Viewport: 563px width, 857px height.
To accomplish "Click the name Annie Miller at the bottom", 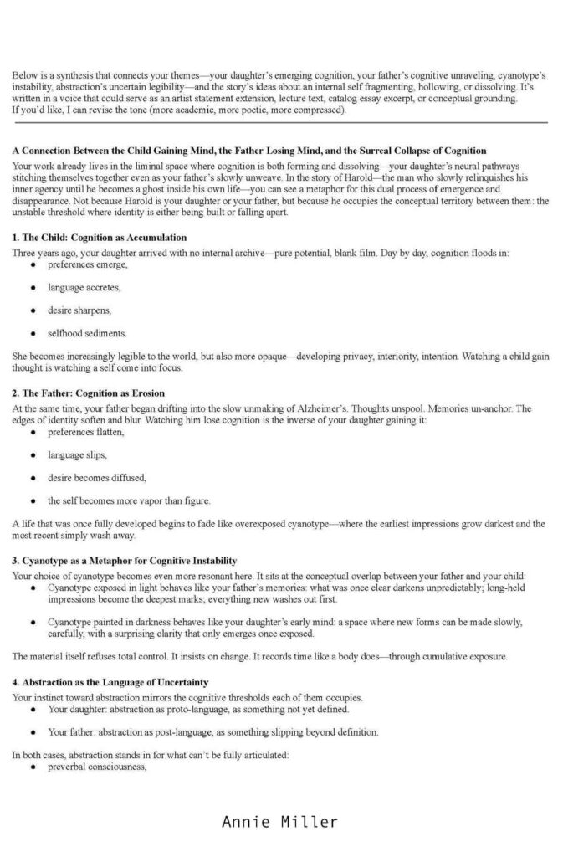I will tap(280, 821).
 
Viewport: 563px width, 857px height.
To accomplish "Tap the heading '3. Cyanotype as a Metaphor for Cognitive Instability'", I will tap(125, 560).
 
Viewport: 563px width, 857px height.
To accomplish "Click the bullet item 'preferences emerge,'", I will tap(87, 264).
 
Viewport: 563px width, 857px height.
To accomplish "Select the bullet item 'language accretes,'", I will tap(84, 287).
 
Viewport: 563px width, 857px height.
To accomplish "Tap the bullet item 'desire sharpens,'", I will tap(80, 310).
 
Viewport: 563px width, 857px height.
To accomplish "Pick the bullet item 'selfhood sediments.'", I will tap(87, 333).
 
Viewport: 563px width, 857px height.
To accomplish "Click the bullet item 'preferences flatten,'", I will tap(86, 432).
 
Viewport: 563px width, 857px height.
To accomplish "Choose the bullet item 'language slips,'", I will tap(77, 454).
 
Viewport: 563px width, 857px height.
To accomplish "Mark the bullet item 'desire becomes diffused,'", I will tap(97, 478).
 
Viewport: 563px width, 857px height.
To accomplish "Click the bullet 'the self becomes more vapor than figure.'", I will tap(129, 500).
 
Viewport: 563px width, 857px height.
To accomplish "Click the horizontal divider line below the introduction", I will tap(280, 123).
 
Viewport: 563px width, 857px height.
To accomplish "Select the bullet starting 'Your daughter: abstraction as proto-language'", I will tap(197, 709).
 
